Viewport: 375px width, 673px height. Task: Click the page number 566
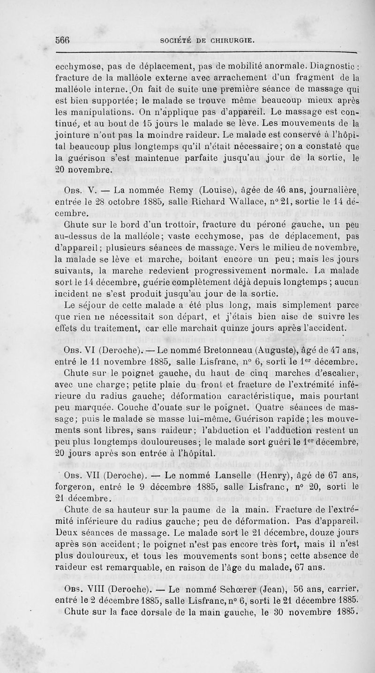pos(63,40)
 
